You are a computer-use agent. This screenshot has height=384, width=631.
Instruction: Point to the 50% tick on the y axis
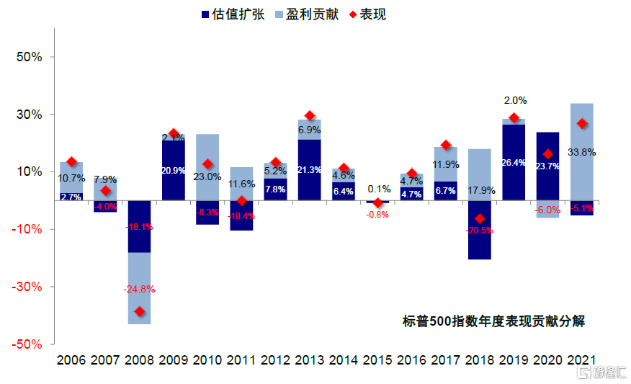pos(29,57)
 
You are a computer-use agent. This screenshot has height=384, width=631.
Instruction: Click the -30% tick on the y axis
pos(27,287)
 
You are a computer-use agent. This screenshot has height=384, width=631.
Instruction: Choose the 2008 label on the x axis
pos(139,360)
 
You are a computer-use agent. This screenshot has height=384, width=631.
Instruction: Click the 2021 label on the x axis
pos(582,360)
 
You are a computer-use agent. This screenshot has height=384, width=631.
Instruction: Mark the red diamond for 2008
pos(139,312)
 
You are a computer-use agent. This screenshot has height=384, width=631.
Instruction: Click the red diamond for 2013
pos(310,115)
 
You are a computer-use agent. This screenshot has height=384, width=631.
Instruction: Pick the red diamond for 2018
pos(480,219)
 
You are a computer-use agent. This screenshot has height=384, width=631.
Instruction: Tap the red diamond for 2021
pos(582,124)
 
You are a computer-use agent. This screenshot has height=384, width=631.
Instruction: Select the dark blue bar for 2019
pos(514,162)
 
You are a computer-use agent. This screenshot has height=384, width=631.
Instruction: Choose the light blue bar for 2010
pos(207,155)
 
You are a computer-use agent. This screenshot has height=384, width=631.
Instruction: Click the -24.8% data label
pos(139,289)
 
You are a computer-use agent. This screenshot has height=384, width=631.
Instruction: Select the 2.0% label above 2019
pos(514,101)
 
